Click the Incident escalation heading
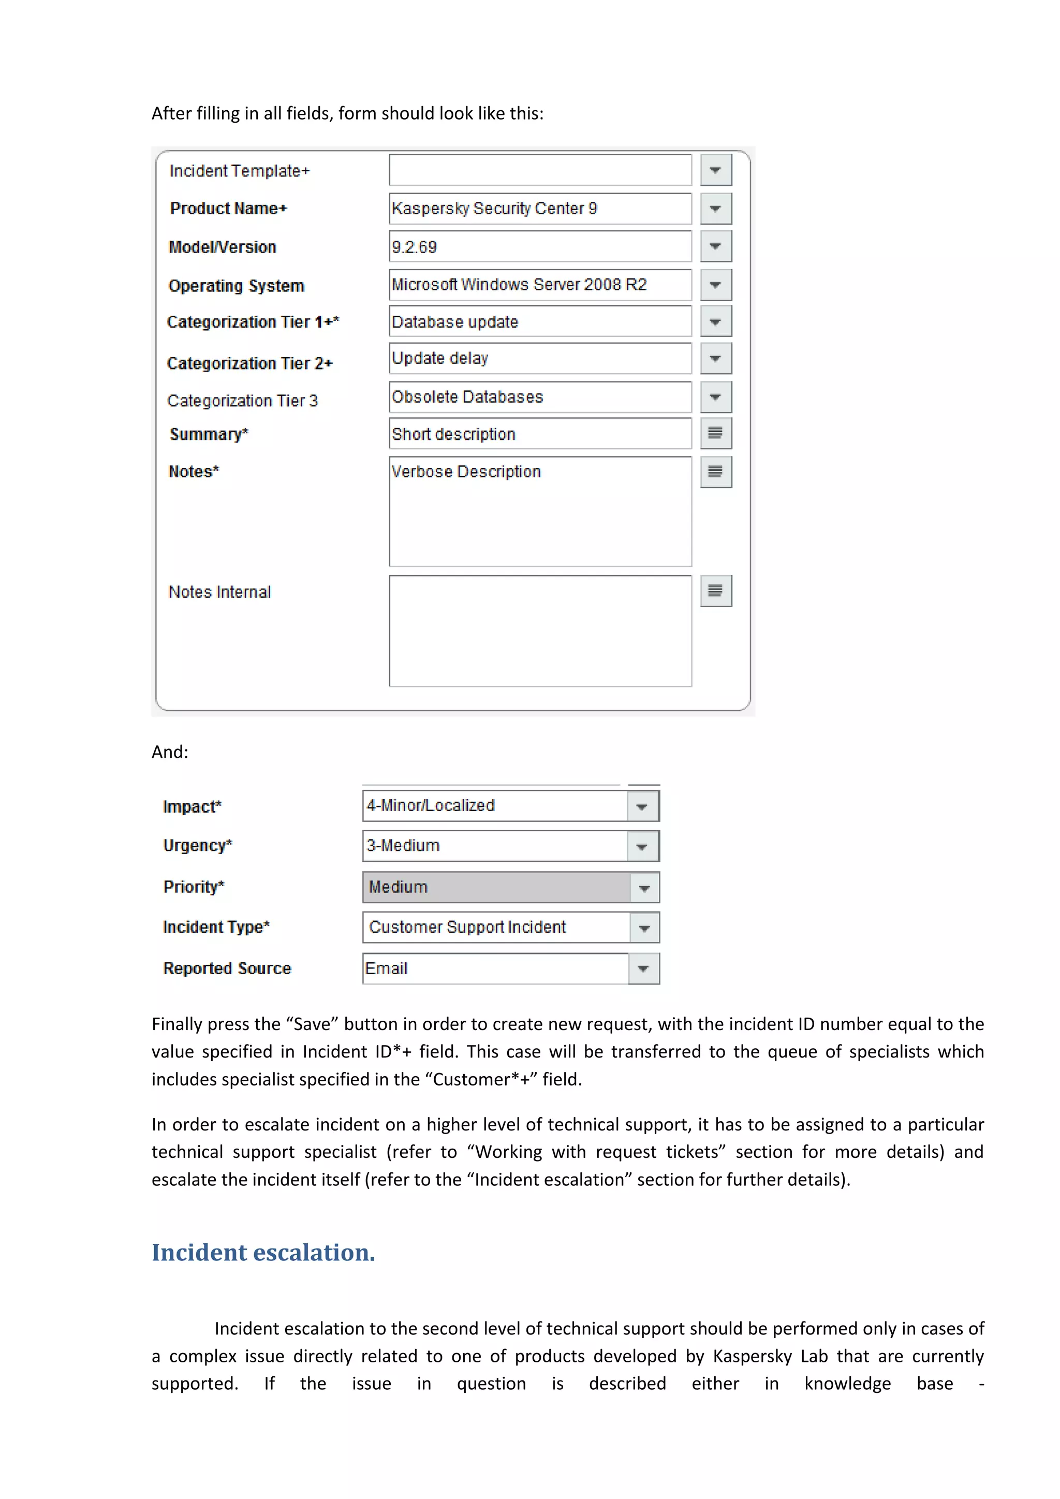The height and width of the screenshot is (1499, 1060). [x=263, y=1252]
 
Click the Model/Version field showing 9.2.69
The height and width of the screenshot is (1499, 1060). [x=539, y=247]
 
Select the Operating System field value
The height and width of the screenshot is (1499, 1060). [x=539, y=285]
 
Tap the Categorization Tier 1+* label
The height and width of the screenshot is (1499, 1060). [x=253, y=322]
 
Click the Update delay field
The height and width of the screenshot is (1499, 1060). [x=539, y=358]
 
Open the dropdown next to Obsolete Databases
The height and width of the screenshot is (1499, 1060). [x=715, y=397]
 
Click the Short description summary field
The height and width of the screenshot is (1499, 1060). [x=539, y=434]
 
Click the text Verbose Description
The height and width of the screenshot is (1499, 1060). [x=466, y=472]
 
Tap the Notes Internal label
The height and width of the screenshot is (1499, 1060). [x=219, y=592]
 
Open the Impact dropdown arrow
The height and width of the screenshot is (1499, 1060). [x=642, y=806]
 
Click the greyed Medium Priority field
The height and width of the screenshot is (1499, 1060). [x=496, y=887]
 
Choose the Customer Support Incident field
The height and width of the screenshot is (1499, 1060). [x=496, y=927]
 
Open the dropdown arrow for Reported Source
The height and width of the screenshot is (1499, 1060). [x=643, y=969]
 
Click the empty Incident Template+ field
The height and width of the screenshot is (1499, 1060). [x=539, y=170]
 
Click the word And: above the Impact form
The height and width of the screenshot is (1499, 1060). [x=170, y=752]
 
